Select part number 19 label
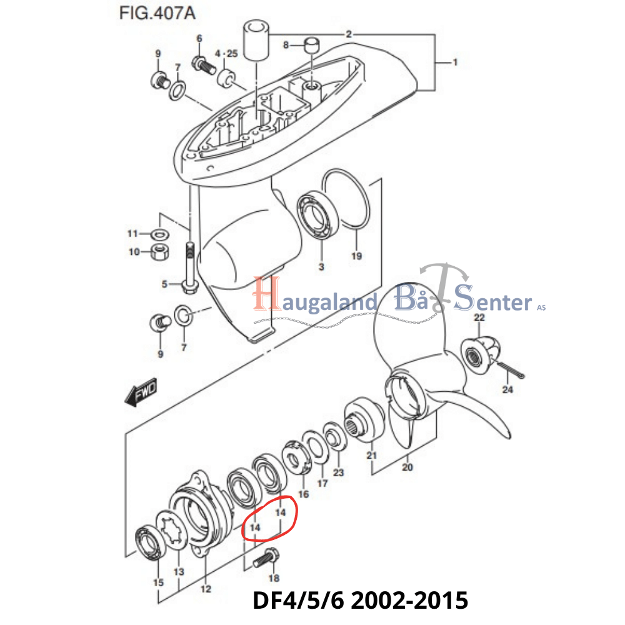coord(356,256)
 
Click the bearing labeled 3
coord(319,220)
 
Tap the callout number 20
coord(407,467)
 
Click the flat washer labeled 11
coord(159,234)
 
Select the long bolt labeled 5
coord(189,266)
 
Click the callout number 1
coord(456,62)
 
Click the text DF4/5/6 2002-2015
coord(360,601)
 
